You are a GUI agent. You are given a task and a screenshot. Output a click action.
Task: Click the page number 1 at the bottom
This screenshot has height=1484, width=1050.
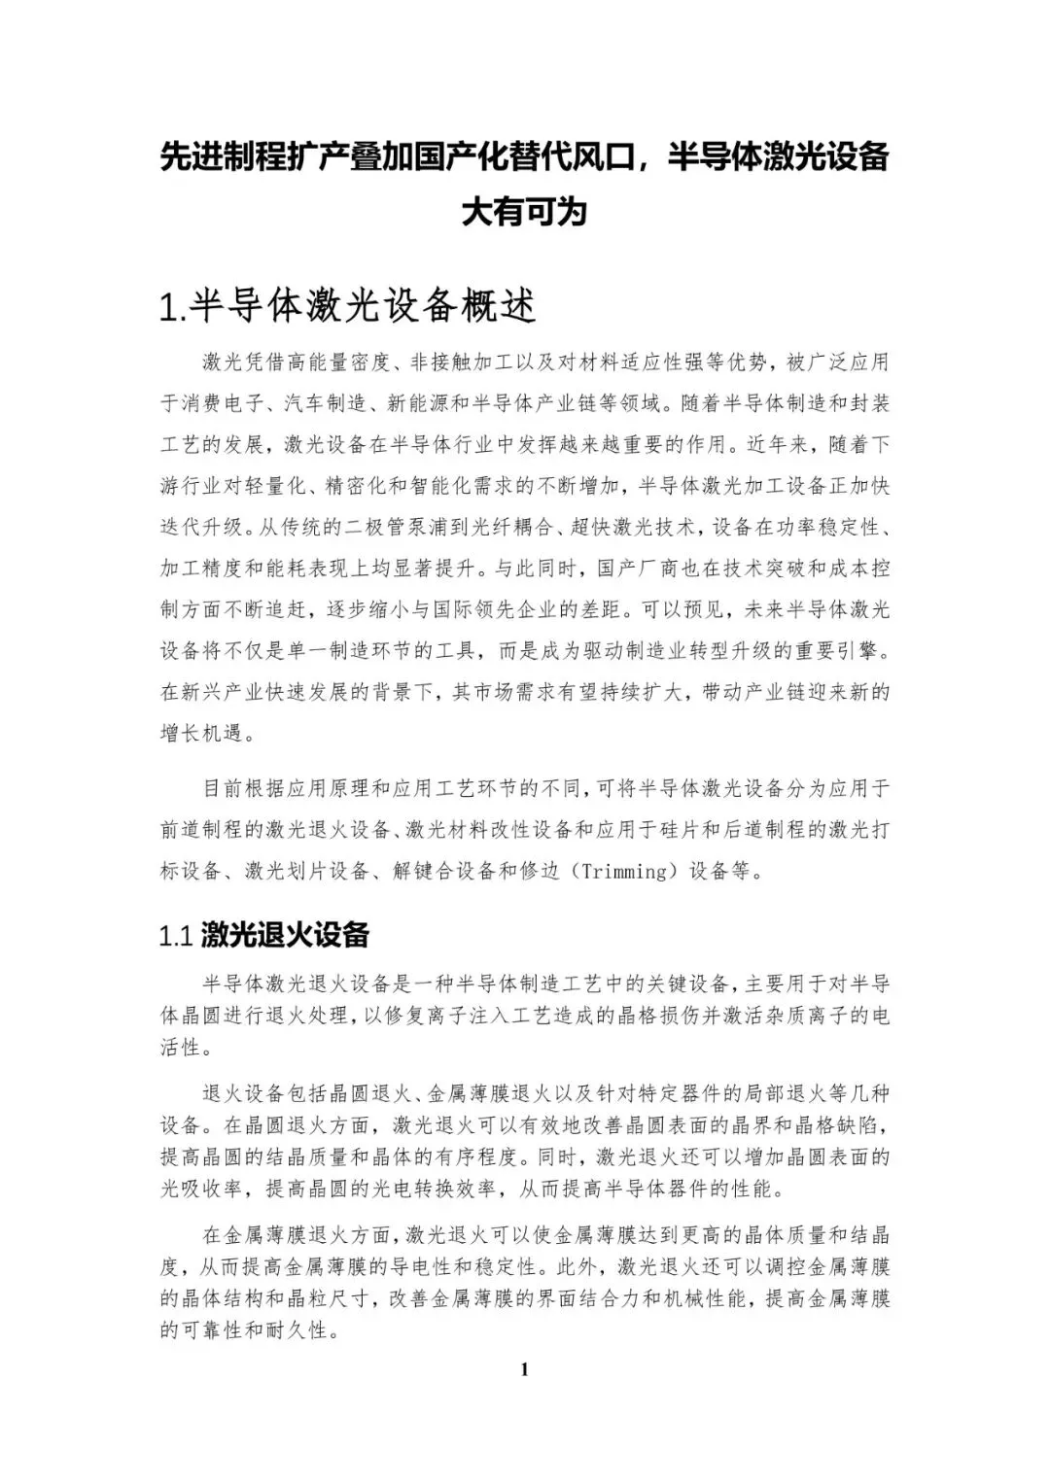pos(525,1370)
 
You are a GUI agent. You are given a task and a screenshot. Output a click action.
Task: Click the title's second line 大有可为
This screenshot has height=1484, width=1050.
pos(525,211)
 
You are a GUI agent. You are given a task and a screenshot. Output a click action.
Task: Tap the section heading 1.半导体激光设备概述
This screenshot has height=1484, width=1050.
pos(348,306)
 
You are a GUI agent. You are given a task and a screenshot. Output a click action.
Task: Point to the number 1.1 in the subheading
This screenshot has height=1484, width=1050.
pos(178,936)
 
